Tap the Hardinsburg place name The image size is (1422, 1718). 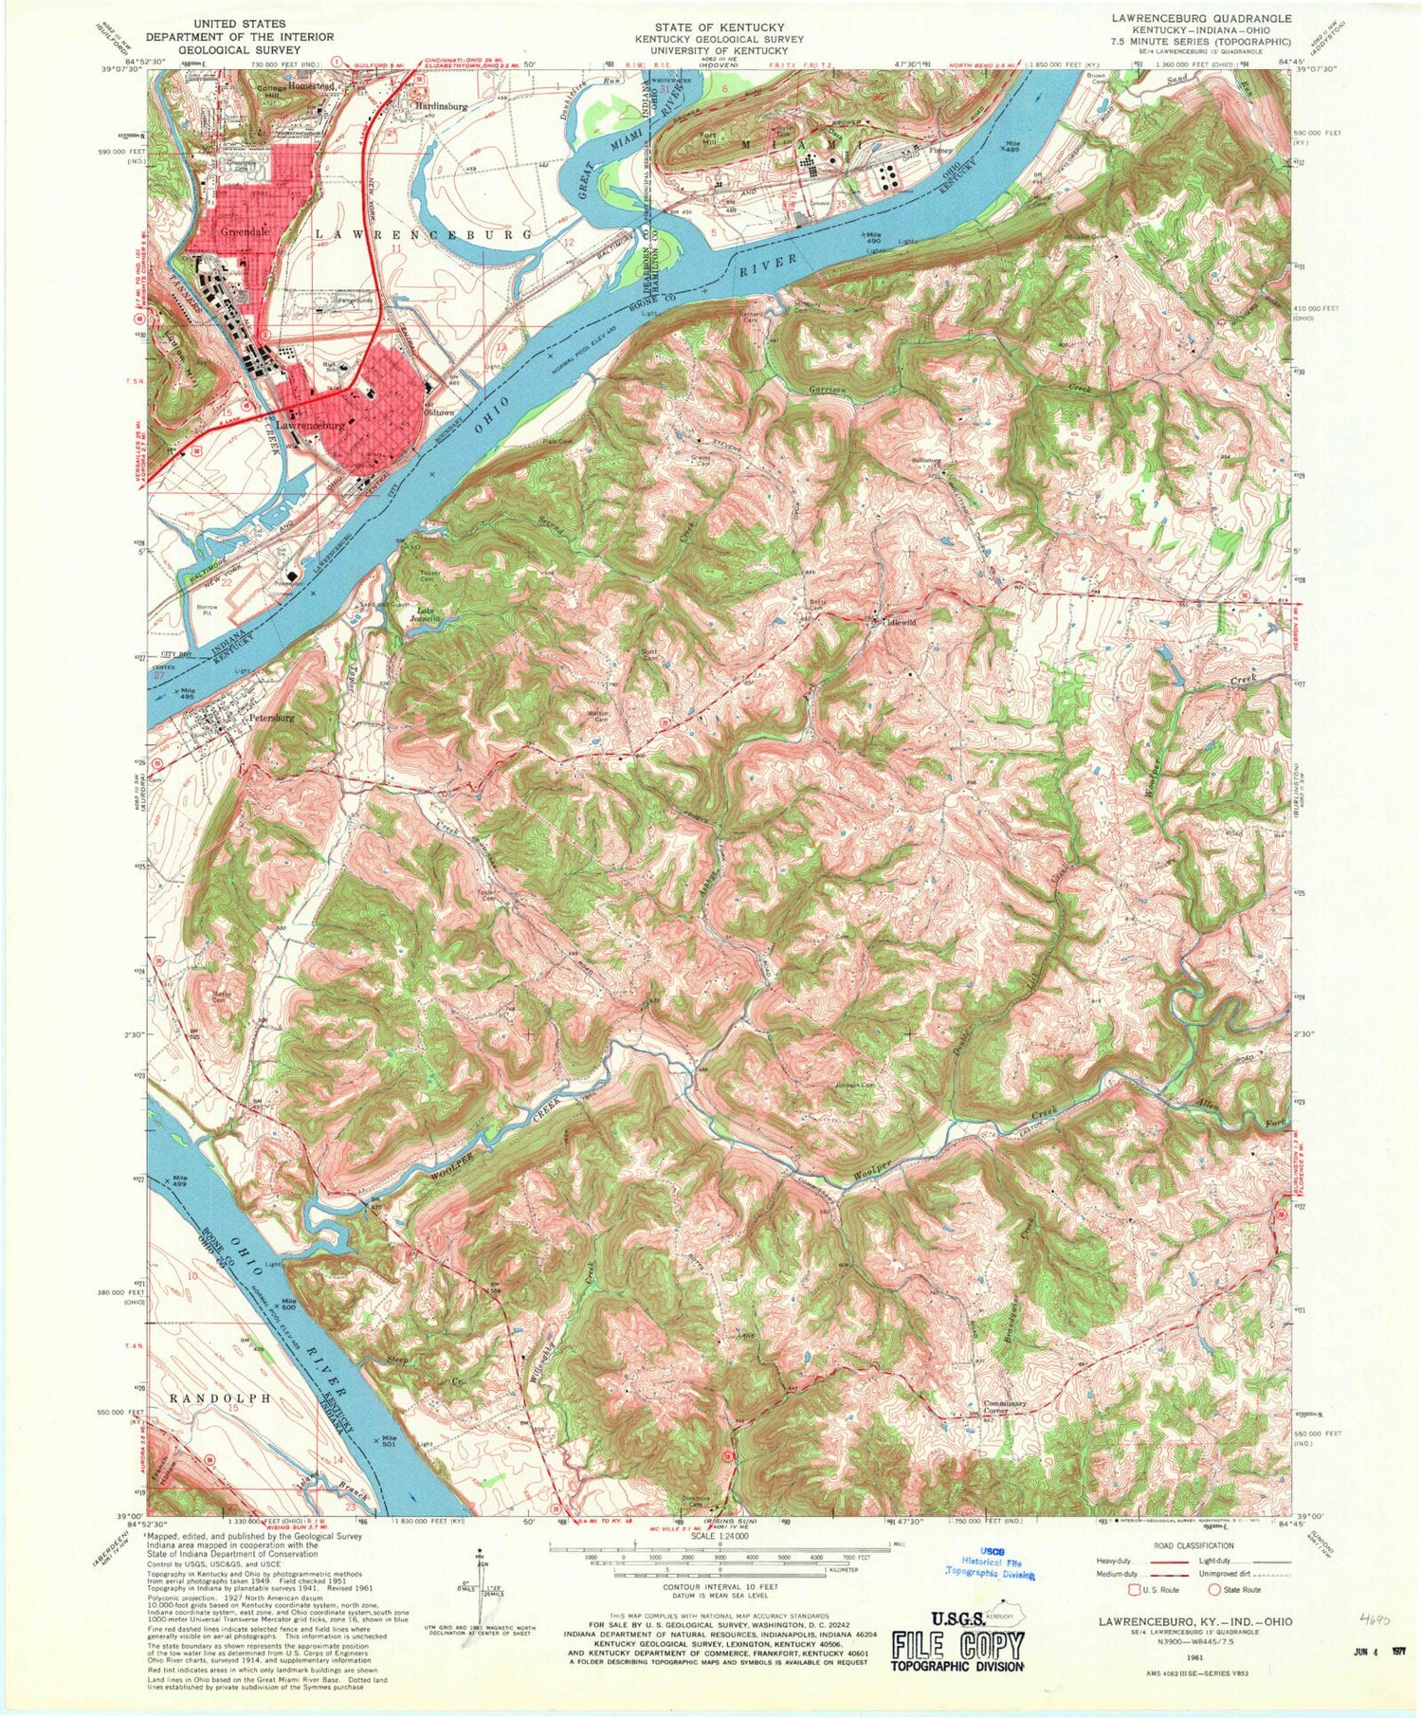[438, 107]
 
